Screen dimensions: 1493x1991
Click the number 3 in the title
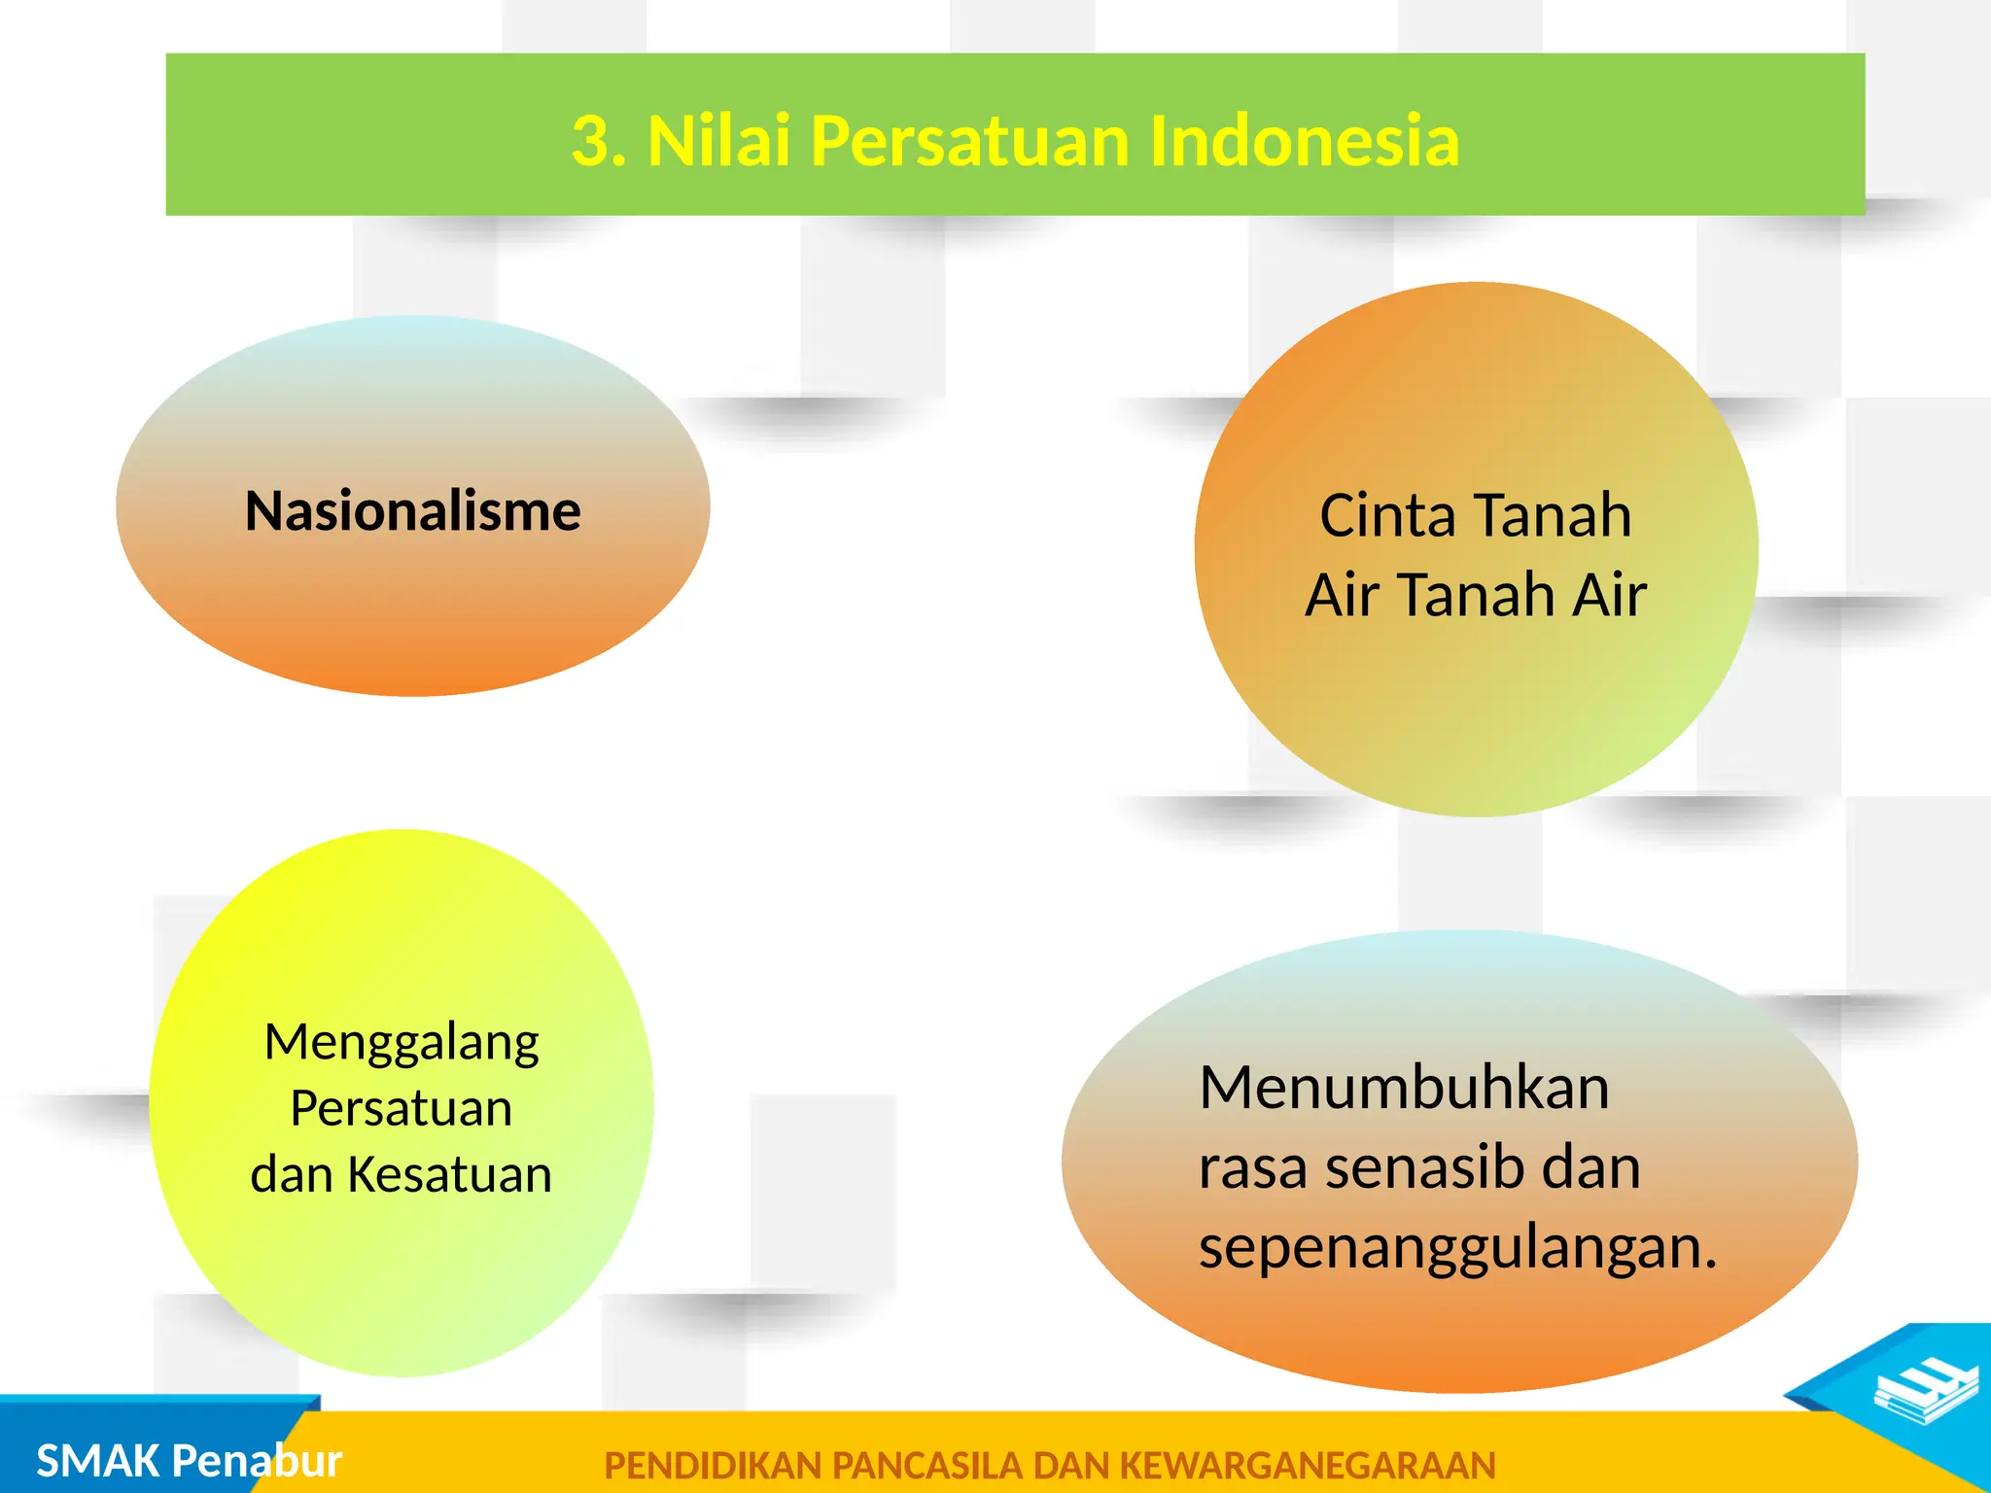click(x=591, y=142)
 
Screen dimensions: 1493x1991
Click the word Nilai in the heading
click(x=717, y=142)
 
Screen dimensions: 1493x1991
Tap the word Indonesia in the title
click(x=1304, y=142)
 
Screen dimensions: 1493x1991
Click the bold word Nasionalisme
click(x=412, y=511)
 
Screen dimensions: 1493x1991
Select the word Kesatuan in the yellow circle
click(x=449, y=1174)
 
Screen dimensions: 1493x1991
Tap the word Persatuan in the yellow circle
click(x=402, y=1108)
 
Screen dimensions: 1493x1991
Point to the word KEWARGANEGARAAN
click(x=1308, y=1466)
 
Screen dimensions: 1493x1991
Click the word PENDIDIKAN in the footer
click(x=713, y=1466)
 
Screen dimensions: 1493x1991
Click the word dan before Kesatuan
click(x=292, y=1174)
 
